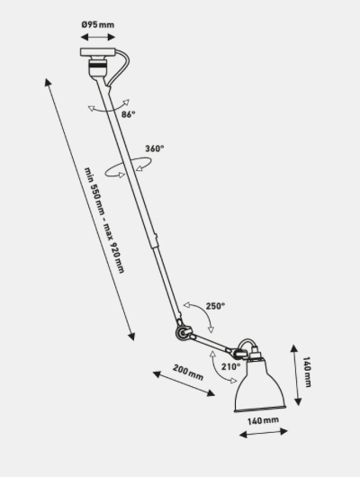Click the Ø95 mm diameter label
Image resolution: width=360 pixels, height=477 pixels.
pyautogui.click(x=98, y=24)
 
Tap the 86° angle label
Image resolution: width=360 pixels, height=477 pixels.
pyautogui.click(x=128, y=114)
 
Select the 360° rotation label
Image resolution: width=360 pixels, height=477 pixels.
pyautogui.click(x=154, y=148)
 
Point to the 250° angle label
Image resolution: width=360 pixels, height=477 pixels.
pyautogui.click(x=215, y=306)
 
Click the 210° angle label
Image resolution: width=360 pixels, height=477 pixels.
pyautogui.click(x=230, y=367)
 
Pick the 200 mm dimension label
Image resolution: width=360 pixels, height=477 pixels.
pyautogui.click(x=188, y=373)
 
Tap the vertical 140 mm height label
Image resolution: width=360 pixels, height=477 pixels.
pyautogui.click(x=307, y=372)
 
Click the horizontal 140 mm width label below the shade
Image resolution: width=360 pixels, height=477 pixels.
pyautogui.click(x=263, y=420)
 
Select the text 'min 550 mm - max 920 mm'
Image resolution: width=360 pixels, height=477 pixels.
pyautogui.click(x=104, y=220)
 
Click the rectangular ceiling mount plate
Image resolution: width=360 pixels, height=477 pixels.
pyautogui.click(x=98, y=52)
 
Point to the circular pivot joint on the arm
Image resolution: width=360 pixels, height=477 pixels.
pyautogui.click(x=183, y=332)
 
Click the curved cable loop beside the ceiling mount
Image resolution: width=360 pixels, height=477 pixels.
pyautogui.click(x=121, y=67)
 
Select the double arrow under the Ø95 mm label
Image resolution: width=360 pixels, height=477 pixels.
pyautogui.click(x=98, y=37)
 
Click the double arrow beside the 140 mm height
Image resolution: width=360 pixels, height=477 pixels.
pyautogui.click(x=296, y=375)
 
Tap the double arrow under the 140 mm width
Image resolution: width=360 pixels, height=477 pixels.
pyautogui.click(x=263, y=433)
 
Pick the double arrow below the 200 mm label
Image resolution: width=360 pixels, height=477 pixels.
pyautogui.click(x=184, y=383)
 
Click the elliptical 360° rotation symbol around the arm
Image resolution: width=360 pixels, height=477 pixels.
pyautogui.click(x=128, y=166)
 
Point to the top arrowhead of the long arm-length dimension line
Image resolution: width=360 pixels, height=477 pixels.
pyautogui.click(x=47, y=82)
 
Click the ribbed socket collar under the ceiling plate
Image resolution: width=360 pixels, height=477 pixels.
pyautogui.click(x=98, y=65)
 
